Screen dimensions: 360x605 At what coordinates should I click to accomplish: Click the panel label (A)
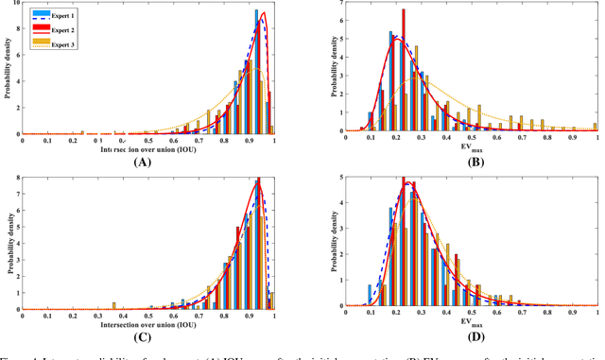(x=143, y=163)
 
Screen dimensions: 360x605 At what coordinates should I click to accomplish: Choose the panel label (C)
(x=143, y=337)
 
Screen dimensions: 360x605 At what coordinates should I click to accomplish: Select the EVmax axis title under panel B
(x=470, y=149)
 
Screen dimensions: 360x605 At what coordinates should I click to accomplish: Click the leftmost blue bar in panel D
(x=370, y=296)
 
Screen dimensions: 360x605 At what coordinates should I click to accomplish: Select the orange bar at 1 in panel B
(x=595, y=128)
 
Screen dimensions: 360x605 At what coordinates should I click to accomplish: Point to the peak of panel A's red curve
(x=263, y=13)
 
